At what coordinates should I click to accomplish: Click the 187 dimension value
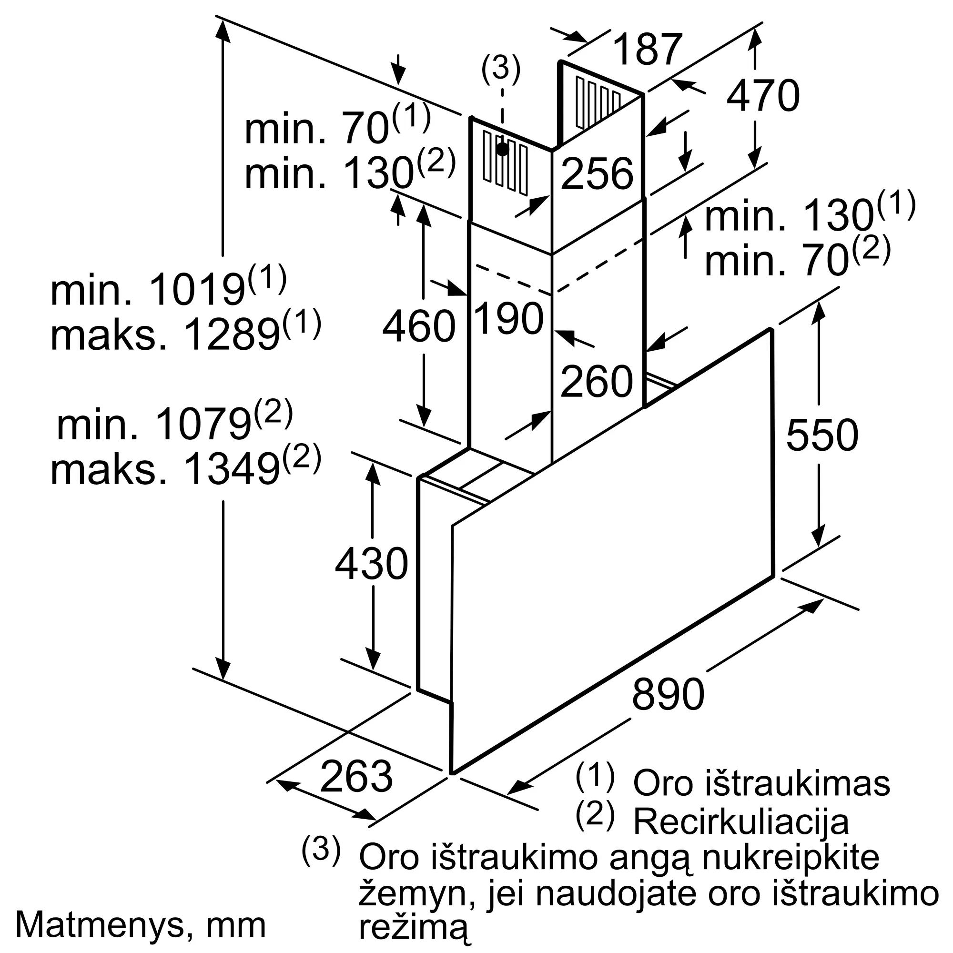pos(648,50)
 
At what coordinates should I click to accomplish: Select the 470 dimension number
pos(762,96)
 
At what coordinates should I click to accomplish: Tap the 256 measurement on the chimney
pos(597,173)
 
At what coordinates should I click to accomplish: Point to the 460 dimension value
pos(419,326)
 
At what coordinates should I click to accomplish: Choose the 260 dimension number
pos(597,382)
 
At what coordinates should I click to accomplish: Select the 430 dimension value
pos(372,564)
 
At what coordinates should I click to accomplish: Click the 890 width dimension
pos(668,694)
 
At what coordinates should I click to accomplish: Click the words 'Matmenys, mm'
pos(141,926)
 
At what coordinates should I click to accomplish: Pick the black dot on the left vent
pos(502,149)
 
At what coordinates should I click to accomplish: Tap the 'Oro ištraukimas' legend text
pos(761,783)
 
